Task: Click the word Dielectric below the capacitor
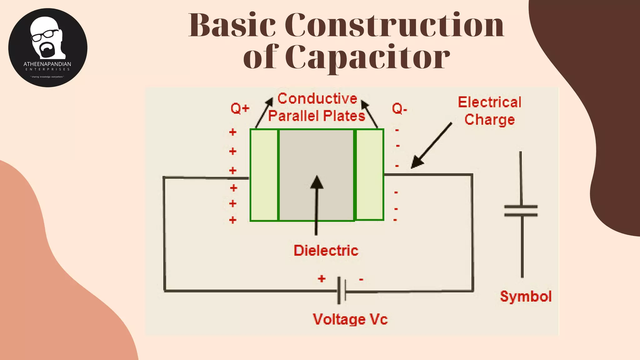click(326, 251)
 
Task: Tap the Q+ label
click(240, 108)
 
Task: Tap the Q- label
click(399, 108)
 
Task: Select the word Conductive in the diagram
click(317, 99)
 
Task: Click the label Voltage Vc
click(350, 319)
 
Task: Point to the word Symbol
click(526, 296)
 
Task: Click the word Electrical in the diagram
click(489, 102)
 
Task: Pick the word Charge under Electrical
click(489, 120)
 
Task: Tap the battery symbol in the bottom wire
click(342, 291)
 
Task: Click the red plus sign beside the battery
click(322, 278)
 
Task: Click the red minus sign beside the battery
click(361, 279)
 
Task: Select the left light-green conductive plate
click(264, 175)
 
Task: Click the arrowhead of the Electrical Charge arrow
click(416, 163)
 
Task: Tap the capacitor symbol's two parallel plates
click(521, 211)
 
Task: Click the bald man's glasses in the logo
click(45, 35)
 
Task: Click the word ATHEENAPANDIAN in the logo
click(47, 64)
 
